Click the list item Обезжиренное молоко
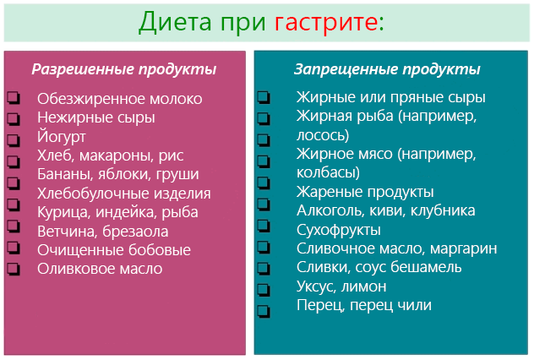pyautogui.click(x=120, y=99)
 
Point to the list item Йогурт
pyautogui.click(x=62, y=136)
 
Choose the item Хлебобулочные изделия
pyautogui.click(x=124, y=194)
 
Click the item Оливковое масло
pyautogui.click(x=100, y=269)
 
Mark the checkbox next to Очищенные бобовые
pyautogui.click(x=13, y=251)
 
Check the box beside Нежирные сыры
pyautogui.click(x=13, y=118)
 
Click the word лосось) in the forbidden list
pyautogui.click(x=323, y=135)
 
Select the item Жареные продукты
pyautogui.click(x=365, y=192)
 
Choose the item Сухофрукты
pyautogui.click(x=338, y=229)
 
